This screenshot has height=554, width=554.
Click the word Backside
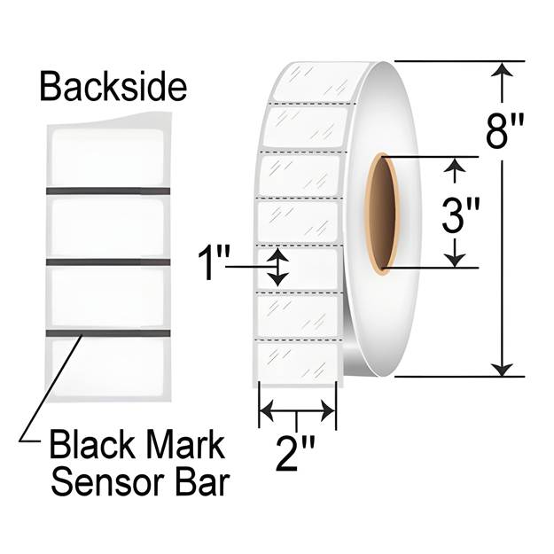click(113, 86)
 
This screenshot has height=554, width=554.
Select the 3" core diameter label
click(461, 216)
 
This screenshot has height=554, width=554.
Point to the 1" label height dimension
click(214, 263)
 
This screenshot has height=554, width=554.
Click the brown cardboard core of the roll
click(383, 215)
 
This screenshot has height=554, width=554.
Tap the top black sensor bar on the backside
click(108, 191)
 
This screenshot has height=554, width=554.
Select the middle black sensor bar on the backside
click(108, 262)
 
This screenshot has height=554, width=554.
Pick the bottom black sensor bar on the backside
click(108, 333)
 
